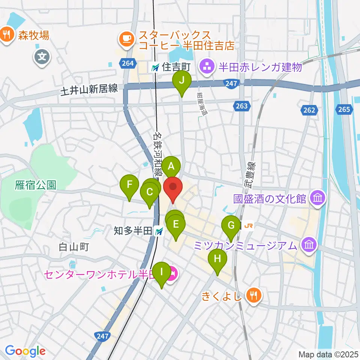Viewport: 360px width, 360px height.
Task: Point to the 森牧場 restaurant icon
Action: coord(6,34)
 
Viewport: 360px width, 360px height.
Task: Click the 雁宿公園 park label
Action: coord(36,184)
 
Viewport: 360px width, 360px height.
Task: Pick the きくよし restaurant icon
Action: coord(254,295)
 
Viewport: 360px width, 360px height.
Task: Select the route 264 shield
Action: coord(128,63)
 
